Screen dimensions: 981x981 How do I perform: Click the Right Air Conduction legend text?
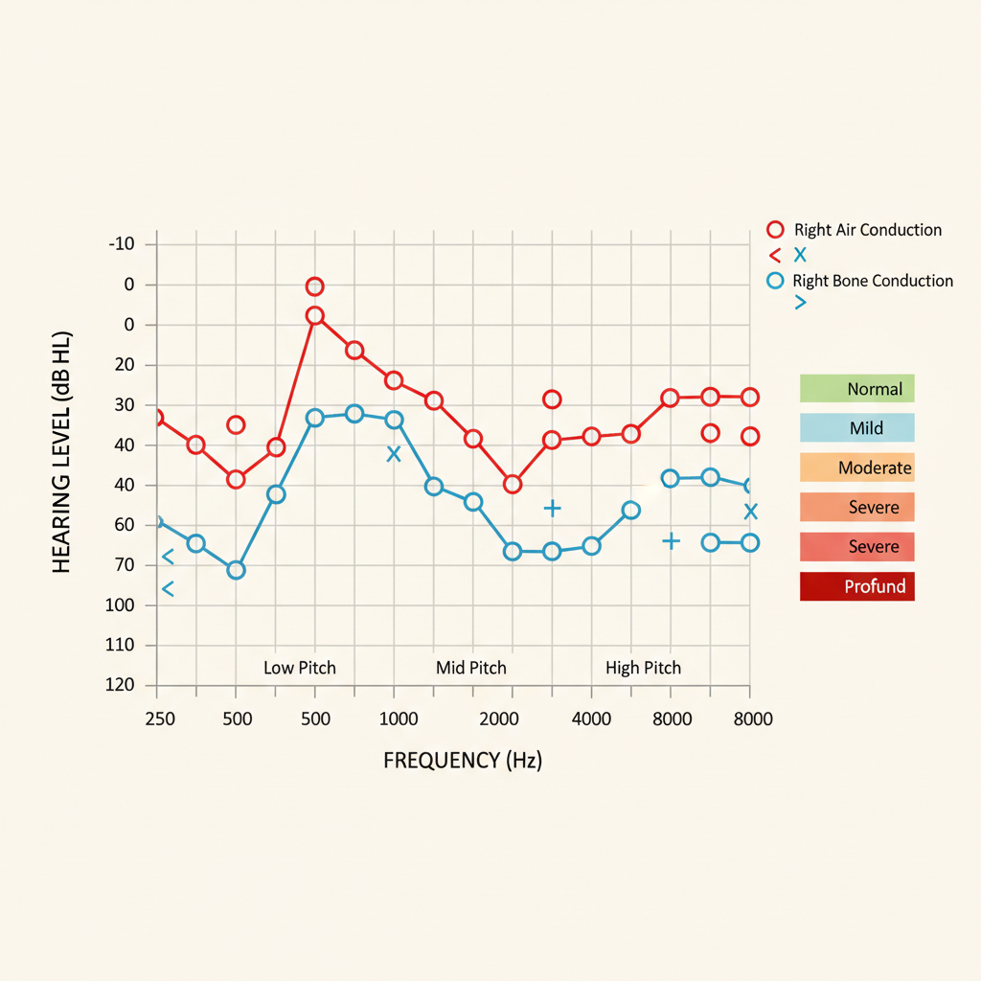pyautogui.click(x=868, y=230)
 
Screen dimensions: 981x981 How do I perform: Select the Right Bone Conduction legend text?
pyautogui.click(x=873, y=281)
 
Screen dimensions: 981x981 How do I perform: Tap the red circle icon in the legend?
pyautogui.click(x=776, y=230)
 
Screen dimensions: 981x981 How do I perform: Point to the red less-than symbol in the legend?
pyautogui.click(x=775, y=256)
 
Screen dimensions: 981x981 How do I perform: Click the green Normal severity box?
pyautogui.click(x=856, y=389)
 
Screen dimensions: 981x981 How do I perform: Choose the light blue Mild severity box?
pyautogui.click(x=856, y=428)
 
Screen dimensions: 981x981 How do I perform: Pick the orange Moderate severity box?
pyautogui.click(x=856, y=468)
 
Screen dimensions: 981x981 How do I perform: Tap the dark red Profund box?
pyautogui.click(x=856, y=586)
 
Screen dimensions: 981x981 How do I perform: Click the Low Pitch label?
pyautogui.click(x=300, y=668)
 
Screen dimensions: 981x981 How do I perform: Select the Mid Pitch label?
pyautogui.click(x=471, y=668)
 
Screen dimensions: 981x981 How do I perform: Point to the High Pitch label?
pyautogui.click(x=644, y=668)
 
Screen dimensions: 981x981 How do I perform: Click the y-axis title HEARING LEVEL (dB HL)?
pyautogui.click(x=62, y=453)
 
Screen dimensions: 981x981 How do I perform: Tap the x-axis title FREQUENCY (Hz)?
pyautogui.click(x=463, y=761)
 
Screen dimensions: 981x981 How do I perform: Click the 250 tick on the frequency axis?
pyautogui.click(x=160, y=719)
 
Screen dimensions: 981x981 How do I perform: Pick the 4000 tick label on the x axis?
pyautogui.click(x=592, y=719)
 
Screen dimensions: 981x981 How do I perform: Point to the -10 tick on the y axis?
pyautogui.click(x=121, y=244)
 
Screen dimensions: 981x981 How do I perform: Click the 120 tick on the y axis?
pyautogui.click(x=121, y=685)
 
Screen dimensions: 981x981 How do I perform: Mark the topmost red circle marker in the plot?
pyautogui.click(x=314, y=286)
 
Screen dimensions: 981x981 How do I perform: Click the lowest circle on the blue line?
pyautogui.click(x=236, y=570)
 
